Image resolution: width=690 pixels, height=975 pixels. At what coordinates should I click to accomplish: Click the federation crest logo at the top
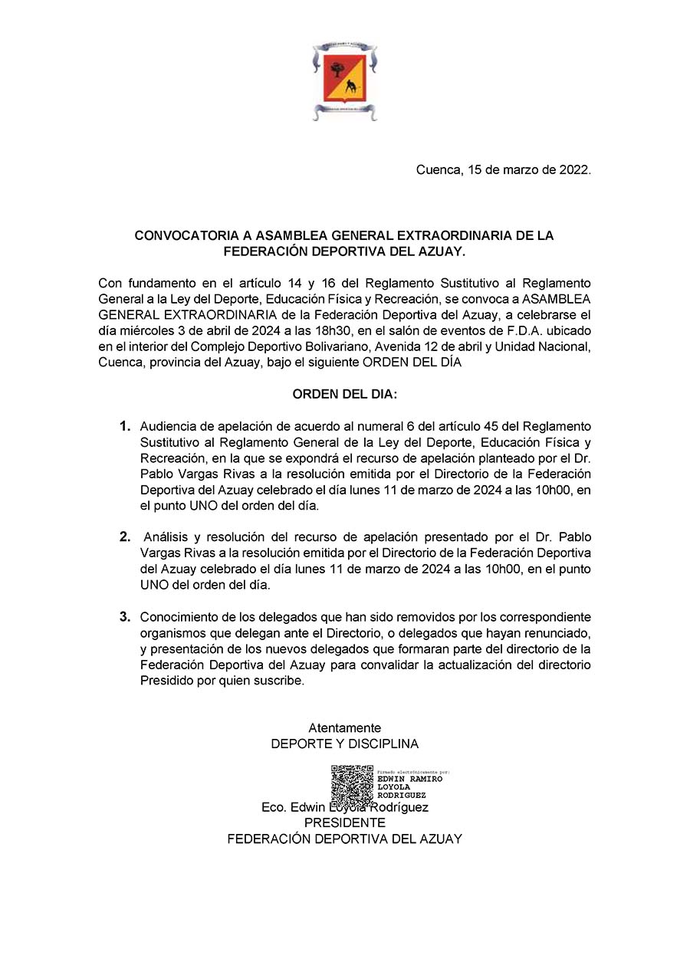point(344,81)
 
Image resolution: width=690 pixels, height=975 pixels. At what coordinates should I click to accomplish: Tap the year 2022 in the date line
point(575,170)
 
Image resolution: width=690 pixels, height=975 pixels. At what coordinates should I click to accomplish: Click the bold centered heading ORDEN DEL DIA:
point(344,394)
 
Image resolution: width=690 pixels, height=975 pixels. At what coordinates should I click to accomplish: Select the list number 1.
point(124,426)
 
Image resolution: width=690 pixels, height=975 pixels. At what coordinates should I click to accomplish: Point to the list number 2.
point(124,537)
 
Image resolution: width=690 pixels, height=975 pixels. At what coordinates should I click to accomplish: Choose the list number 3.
point(124,616)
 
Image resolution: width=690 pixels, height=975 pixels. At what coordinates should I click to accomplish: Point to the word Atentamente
point(344,727)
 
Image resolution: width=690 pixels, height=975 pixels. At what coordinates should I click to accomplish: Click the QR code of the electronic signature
point(352,784)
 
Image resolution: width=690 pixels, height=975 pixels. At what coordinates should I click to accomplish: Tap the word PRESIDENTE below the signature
point(344,822)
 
